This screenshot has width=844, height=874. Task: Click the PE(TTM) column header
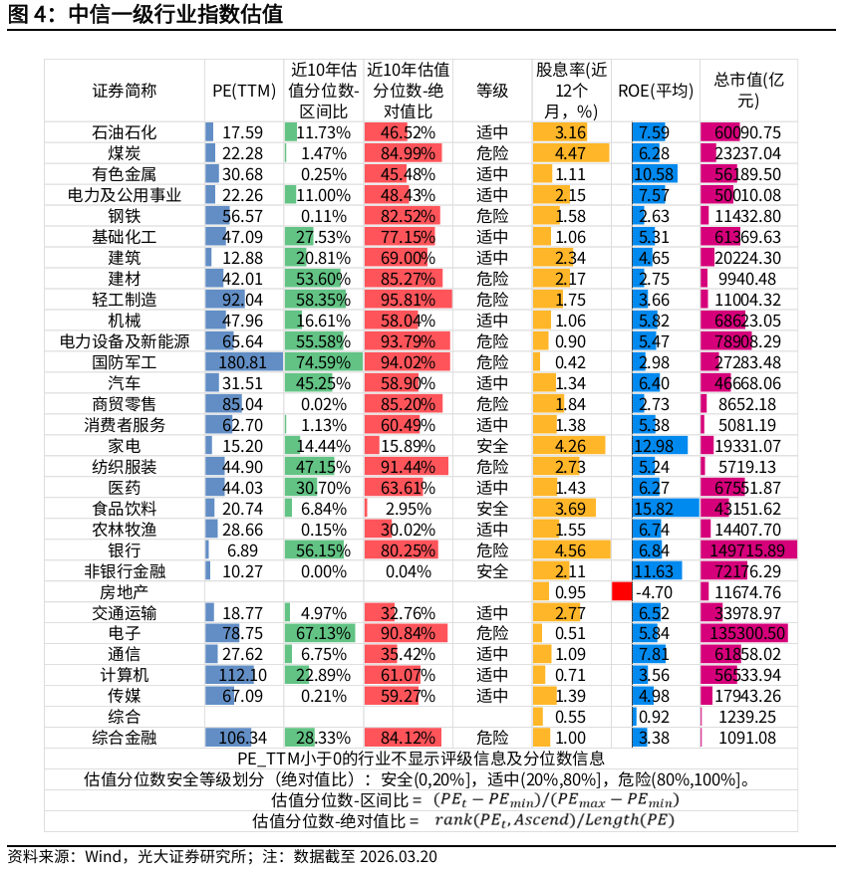pyautogui.click(x=244, y=91)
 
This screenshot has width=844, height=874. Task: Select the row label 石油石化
pyautogui.click(x=125, y=132)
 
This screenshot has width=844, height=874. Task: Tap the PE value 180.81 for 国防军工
pyautogui.click(x=243, y=362)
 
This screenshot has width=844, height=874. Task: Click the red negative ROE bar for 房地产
pyautogui.click(x=622, y=592)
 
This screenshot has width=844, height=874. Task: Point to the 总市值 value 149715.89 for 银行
pyautogui.click(x=747, y=550)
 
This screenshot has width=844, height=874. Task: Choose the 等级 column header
pyautogui.click(x=492, y=91)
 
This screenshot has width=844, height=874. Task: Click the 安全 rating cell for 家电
pyautogui.click(x=492, y=446)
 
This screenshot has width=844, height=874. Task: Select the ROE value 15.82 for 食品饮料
pyautogui.click(x=654, y=509)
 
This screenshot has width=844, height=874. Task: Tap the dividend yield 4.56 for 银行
pyautogui.click(x=570, y=550)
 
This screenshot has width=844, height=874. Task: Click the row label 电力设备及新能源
pyautogui.click(x=125, y=341)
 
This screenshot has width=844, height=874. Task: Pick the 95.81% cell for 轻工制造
pyautogui.click(x=408, y=300)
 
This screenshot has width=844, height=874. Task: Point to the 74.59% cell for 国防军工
pyautogui.click(x=323, y=362)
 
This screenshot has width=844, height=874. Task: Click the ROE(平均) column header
pyautogui.click(x=655, y=91)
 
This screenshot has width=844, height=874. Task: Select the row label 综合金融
pyautogui.click(x=125, y=739)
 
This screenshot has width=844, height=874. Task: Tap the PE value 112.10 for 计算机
pyautogui.click(x=243, y=676)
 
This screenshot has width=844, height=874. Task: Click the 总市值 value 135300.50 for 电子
pyautogui.click(x=747, y=634)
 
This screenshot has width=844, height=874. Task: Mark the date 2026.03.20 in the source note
pyautogui.click(x=398, y=857)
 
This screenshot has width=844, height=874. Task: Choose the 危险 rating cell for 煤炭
pyautogui.click(x=492, y=153)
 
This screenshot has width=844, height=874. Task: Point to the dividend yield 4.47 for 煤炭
pyautogui.click(x=570, y=153)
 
